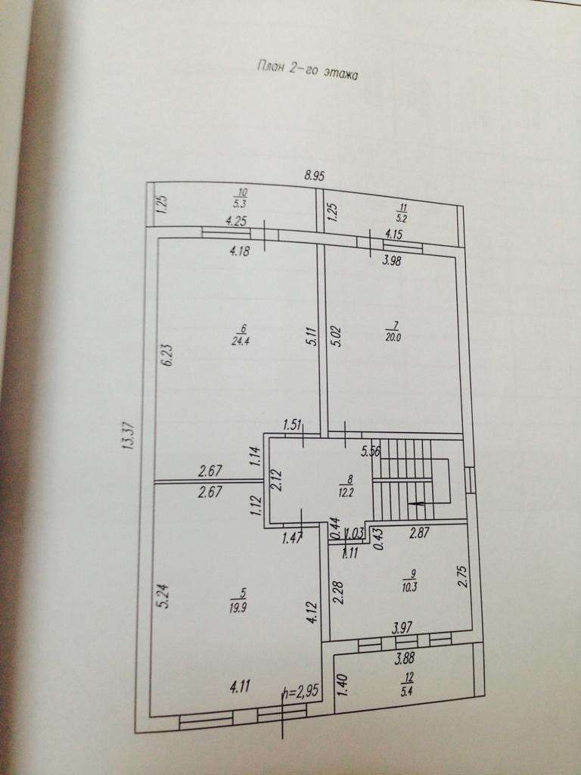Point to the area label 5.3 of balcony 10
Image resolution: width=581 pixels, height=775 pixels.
click(x=240, y=204)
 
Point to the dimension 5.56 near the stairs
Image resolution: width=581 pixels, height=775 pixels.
click(x=371, y=452)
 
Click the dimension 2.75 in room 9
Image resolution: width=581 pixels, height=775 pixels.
click(x=462, y=576)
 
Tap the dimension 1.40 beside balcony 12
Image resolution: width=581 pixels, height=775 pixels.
click(x=342, y=686)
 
